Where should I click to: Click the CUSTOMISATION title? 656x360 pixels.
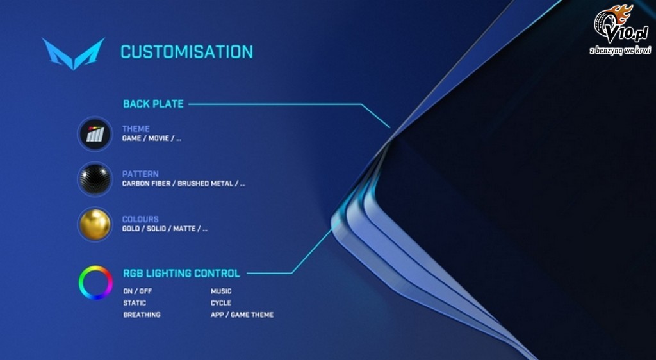[186, 52]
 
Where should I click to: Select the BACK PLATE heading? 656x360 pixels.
[153, 104]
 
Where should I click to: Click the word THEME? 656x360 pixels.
[136, 129]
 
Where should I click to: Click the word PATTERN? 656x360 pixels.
[140, 174]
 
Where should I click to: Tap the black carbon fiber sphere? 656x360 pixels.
[95, 179]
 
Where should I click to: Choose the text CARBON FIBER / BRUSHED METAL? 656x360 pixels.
[177, 184]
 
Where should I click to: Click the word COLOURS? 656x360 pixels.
[140, 219]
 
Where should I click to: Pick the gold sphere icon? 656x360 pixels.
[95, 225]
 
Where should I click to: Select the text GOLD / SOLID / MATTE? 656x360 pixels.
[159, 229]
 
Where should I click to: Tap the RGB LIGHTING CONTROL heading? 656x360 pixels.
[181, 274]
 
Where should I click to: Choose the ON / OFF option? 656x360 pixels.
[137, 291]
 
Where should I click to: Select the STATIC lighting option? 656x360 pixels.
[135, 303]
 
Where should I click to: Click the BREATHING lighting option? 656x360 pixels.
[142, 315]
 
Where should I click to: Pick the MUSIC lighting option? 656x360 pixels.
[221, 291]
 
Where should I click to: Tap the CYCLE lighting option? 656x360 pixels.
[220, 303]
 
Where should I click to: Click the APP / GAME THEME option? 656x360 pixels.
[242, 315]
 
